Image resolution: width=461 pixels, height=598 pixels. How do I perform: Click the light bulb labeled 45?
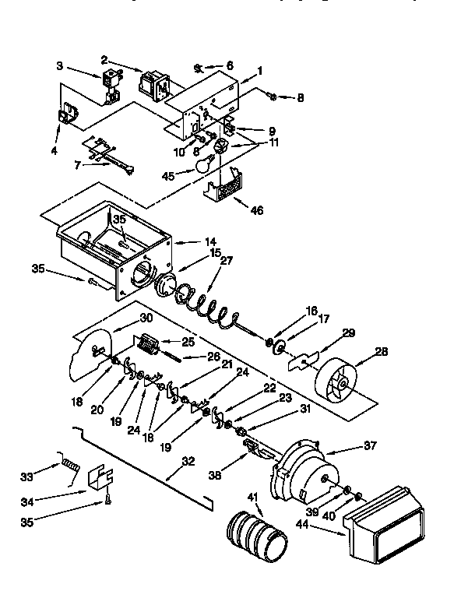pyautogui.click(x=205, y=164)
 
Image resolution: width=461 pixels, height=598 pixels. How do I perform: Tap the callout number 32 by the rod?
pyautogui.click(x=188, y=461)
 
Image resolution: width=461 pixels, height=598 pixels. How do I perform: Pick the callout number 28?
pyautogui.click(x=381, y=353)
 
